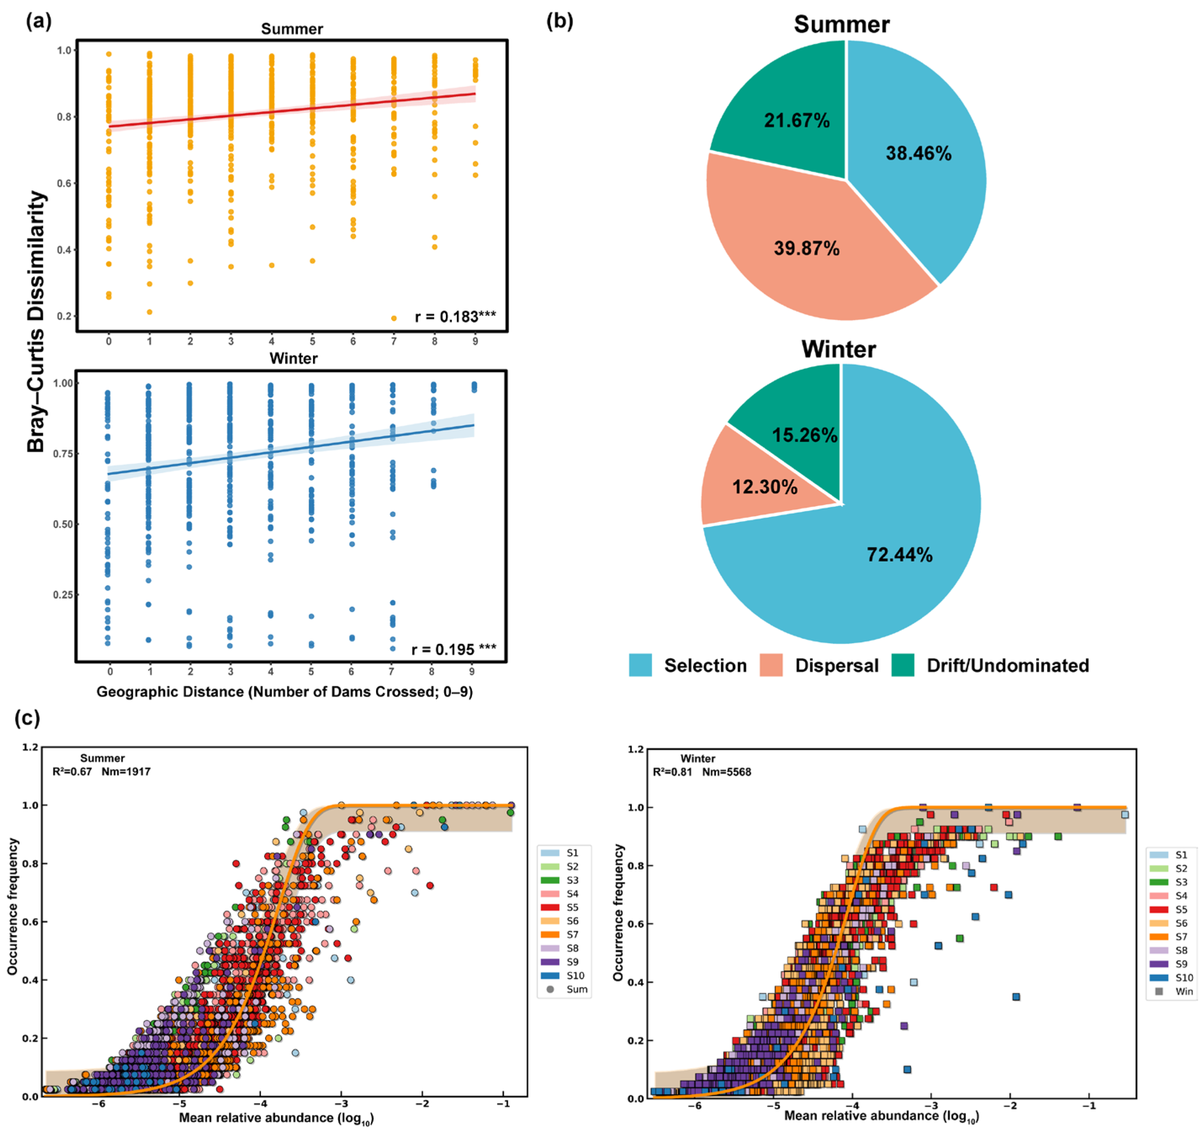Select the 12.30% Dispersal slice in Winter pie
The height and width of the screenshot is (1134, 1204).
[x=764, y=487]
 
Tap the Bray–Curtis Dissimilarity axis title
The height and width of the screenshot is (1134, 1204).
[x=36, y=321]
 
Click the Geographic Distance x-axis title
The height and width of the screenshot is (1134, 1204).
[x=285, y=692]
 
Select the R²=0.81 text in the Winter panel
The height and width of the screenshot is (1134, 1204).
[x=672, y=772]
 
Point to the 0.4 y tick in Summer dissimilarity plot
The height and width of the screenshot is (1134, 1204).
[x=64, y=250]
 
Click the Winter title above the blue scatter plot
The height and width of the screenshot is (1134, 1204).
[x=293, y=358]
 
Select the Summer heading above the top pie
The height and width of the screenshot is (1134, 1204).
[x=841, y=25]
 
